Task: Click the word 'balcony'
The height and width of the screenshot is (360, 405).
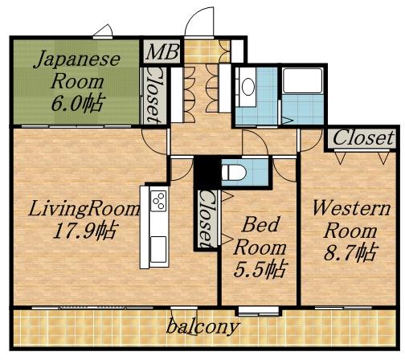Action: [202, 327]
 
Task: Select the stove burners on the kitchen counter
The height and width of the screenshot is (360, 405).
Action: [157, 198]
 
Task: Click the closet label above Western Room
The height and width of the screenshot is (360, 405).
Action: [364, 138]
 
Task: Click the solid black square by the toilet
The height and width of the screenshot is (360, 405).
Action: [207, 171]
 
